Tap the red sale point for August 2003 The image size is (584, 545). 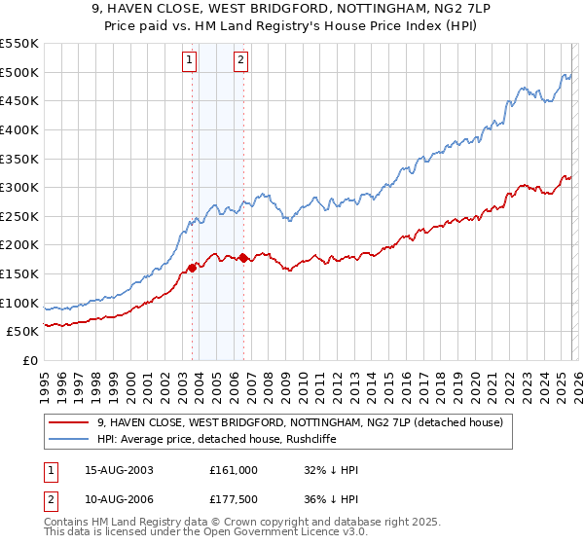pos(192,268)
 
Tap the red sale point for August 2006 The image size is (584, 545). pos(243,258)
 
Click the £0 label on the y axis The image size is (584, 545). pos(29,361)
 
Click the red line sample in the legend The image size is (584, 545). pos(70,422)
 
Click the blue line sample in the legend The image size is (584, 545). pos(70,439)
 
